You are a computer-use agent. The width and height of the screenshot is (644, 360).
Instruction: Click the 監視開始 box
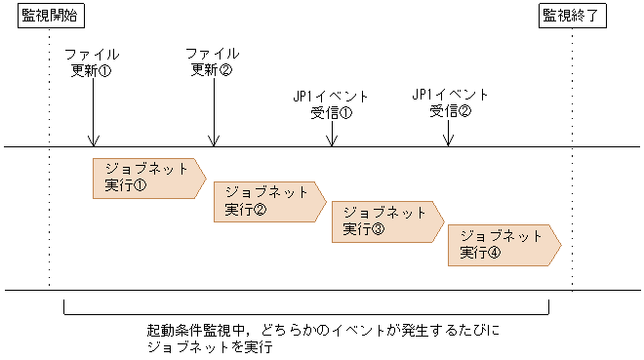click(49, 16)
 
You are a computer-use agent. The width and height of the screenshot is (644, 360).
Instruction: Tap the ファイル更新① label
click(92, 61)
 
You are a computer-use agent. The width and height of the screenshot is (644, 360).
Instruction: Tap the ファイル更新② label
click(212, 61)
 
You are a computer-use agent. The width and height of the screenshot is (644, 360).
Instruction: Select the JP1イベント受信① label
click(331, 103)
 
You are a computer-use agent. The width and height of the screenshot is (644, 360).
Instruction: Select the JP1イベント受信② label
click(450, 102)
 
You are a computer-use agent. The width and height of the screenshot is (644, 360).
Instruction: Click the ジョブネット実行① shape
click(147, 177)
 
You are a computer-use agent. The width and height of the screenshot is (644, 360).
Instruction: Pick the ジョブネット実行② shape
click(266, 200)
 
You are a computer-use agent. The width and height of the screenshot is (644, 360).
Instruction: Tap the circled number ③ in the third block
click(378, 229)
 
